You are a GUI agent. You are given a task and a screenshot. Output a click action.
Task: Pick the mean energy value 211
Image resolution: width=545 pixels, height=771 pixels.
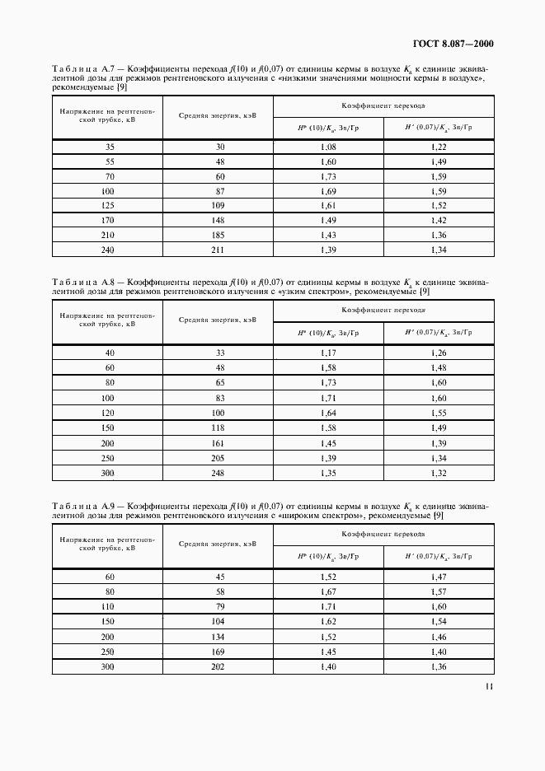pos(218,250)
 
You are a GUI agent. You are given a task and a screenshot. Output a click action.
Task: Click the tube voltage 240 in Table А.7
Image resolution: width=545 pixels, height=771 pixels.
pos(109,250)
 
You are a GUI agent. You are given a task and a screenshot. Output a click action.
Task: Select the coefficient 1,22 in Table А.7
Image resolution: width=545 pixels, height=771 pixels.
pos(439,147)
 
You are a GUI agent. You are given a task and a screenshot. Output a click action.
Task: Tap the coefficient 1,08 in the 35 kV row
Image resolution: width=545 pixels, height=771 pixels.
pos(328,147)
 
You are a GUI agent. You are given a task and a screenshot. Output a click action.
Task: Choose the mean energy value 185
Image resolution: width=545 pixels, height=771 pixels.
pos(218,235)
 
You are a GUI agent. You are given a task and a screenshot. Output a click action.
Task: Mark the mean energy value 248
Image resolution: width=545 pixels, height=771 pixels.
pos(218,473)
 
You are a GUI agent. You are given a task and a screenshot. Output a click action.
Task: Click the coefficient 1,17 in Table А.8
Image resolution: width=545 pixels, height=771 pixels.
pos(328,353)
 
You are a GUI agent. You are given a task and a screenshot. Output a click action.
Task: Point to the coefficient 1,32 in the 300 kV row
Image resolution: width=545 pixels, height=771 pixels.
pos(439,473)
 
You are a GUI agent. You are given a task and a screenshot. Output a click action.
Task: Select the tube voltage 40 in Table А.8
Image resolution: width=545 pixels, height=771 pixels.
pos(109,353)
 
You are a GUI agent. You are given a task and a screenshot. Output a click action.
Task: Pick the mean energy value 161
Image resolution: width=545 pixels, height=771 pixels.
pos(218,442)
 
